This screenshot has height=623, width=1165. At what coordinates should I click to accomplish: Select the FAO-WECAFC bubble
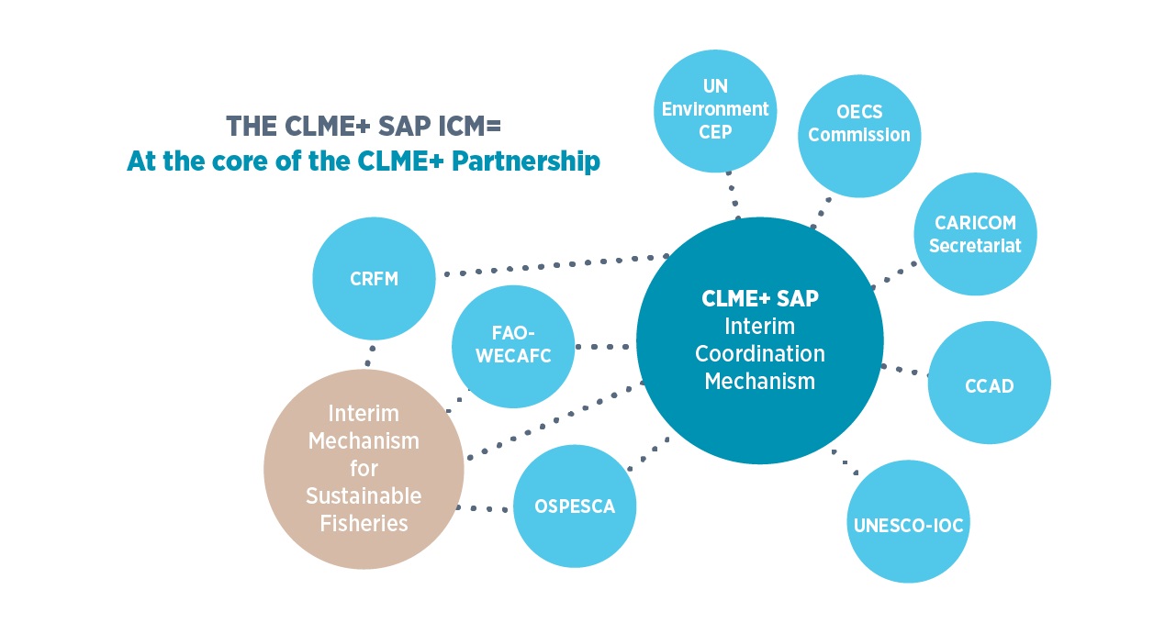513,346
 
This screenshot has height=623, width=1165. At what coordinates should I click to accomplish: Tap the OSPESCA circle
575,506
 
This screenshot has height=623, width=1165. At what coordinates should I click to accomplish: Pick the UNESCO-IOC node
908,526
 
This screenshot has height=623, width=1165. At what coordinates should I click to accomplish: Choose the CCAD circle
989,384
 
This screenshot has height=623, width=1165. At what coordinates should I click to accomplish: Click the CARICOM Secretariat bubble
975,235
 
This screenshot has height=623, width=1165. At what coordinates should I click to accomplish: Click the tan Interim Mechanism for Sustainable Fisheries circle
364,469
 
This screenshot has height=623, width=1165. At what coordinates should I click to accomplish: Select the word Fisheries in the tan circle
364,523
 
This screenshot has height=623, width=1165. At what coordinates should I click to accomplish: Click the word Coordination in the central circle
759,353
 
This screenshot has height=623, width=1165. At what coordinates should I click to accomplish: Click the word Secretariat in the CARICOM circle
975,246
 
